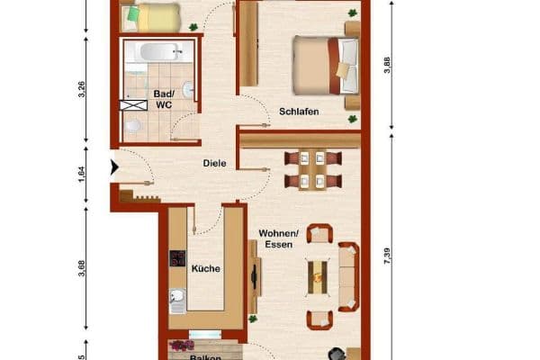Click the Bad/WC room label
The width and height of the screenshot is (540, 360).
coord(164,98)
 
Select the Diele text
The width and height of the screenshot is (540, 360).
coord(213,164)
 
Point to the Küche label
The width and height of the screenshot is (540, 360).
coord(206,268)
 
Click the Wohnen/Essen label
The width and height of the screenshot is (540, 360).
coord(276,238)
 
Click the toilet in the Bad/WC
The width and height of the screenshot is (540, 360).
coord(133,126)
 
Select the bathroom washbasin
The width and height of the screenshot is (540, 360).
coord(187,90)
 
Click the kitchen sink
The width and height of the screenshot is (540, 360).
coord(177,299)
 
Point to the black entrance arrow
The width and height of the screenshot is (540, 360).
coord(114,167)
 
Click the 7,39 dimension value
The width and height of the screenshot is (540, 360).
coord(388,253)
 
